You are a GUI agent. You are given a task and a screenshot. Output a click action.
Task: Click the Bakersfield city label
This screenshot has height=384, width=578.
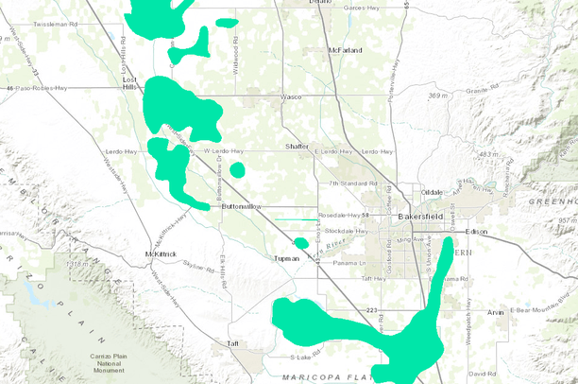(420, 217)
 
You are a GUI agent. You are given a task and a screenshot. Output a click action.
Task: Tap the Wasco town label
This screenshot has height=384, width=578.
(290, 97)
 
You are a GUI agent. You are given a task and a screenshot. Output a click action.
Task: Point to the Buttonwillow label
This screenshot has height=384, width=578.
(241, 206)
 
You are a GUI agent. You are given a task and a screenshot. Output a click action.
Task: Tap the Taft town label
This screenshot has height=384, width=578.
(233, 343)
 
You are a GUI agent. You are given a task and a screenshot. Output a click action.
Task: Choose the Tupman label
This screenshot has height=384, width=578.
(286, 257)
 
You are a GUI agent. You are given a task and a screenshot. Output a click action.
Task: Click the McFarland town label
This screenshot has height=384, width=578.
(346, 49)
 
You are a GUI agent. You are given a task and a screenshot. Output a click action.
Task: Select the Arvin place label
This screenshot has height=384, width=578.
(497, 311)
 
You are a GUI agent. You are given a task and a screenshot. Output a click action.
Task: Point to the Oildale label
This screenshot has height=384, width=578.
(432, 192)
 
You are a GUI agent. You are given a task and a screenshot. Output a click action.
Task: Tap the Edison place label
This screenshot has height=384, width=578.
(477, 231)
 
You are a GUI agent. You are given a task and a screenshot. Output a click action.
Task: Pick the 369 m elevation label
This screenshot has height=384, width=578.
(437, 96)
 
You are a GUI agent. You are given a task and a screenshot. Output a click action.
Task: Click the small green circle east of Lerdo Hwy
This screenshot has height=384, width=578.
(237, 169)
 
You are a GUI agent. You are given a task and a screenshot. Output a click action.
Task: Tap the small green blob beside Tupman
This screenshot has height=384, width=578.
(301, 243)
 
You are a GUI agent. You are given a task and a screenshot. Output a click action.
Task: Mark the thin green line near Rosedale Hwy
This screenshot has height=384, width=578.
(296, 220)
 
